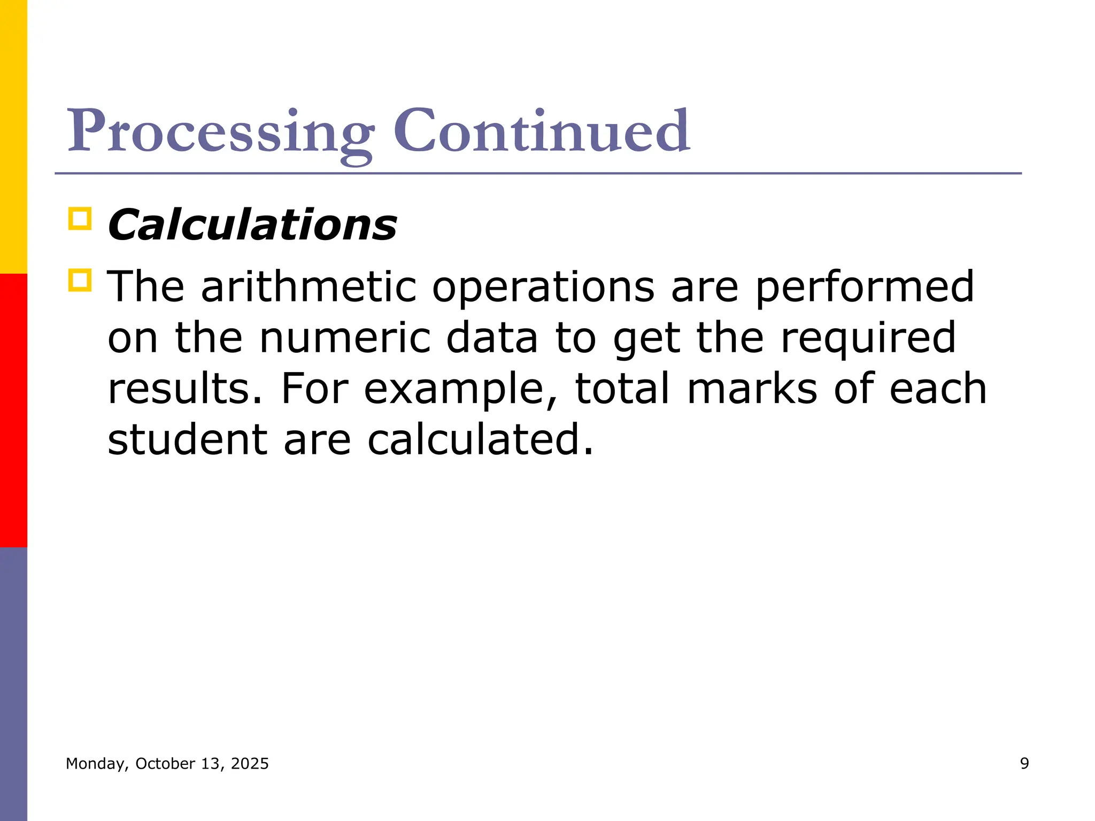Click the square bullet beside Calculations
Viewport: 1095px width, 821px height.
point(80,219)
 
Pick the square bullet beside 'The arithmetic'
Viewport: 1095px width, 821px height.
point(80,280)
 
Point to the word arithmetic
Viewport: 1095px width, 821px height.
point(309,286)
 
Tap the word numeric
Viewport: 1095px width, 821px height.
point(345,338)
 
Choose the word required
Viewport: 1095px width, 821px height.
point(868,339)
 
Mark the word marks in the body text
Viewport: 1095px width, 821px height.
point(752,389)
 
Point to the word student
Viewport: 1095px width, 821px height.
point(187,439)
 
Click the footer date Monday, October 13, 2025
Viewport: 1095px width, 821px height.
point(167,763)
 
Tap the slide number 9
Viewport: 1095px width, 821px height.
point(1024,763)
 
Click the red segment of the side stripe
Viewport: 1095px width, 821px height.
point(13,410)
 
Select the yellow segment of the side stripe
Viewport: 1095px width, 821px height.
point(13,137)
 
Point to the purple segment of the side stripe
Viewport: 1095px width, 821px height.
point(13,684)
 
